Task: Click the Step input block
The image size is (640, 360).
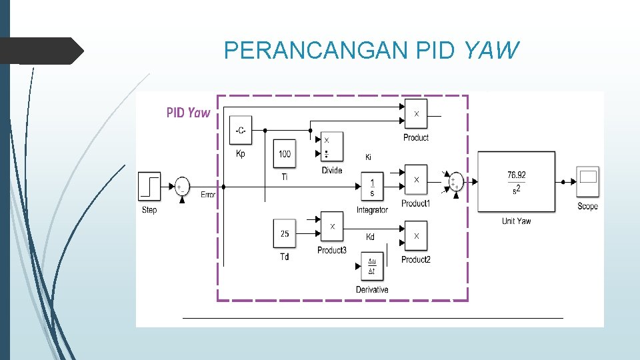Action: [x=150, y=185]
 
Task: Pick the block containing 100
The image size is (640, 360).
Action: [x=285, y=153]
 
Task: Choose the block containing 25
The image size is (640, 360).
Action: [x=285, y=233]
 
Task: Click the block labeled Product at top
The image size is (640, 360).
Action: [x=416, y=114]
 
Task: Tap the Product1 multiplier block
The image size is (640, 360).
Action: [x=416, y=180]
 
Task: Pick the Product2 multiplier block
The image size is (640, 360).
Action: [x=416, y=236]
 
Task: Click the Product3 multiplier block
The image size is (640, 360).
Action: [x=331, y=227]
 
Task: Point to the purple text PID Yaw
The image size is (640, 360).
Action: [x=188, y=113]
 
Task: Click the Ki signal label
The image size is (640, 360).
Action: [x=368, y=158]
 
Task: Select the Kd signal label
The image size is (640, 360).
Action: [x=371, y=237]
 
